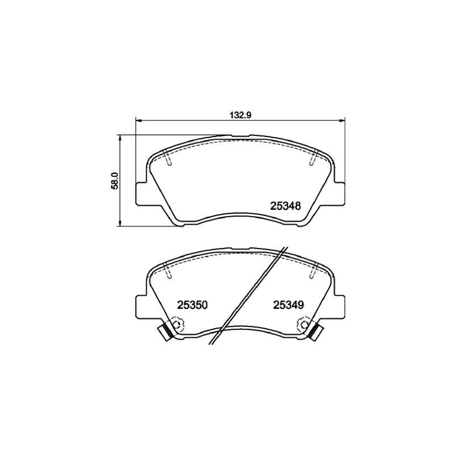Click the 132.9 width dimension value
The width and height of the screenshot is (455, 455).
point(240,115)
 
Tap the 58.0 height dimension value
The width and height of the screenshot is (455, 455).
point(115,180)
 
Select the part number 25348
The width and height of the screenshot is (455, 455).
point(286,206)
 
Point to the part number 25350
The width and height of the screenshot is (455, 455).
point(192,305)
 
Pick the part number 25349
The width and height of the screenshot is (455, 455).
point(288,305)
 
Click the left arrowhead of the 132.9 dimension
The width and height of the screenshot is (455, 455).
point(139,120)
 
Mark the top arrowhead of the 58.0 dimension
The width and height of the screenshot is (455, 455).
point(119,138)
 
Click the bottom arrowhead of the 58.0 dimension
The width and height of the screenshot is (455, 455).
point(119,223)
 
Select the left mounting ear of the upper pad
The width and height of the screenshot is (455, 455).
point(141,193)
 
